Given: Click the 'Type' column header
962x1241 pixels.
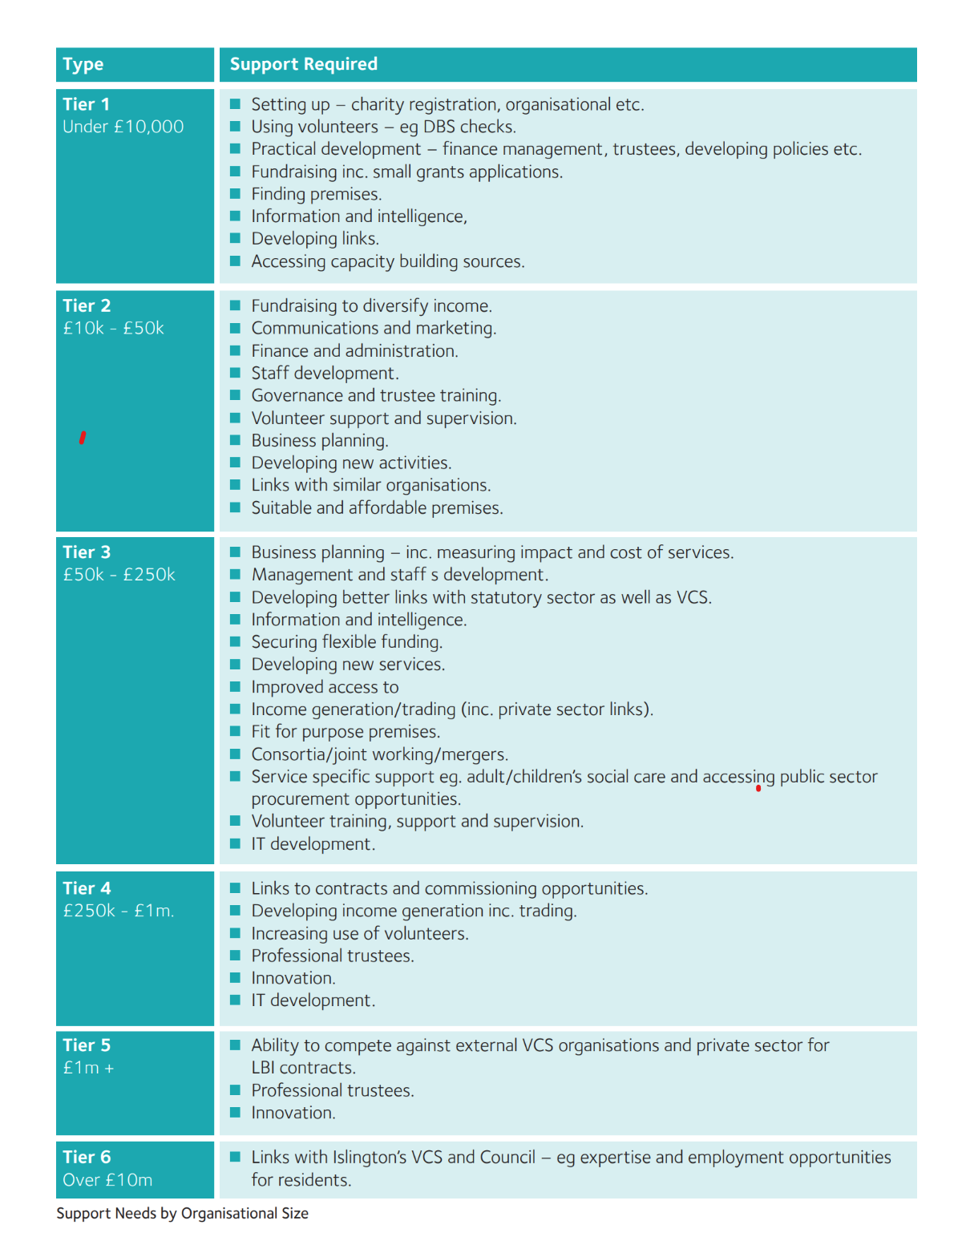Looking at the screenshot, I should point(83,64).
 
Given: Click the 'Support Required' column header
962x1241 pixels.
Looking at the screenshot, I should point(303,64).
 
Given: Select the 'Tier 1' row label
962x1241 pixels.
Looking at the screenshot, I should point(86,104).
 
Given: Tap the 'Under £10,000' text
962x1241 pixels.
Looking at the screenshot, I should point(123,127).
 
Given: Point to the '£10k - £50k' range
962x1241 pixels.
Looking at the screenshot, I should point(113,328).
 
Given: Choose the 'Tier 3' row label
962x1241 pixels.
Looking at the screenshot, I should point(87,552).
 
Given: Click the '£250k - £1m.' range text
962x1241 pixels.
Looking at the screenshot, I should point(118,911).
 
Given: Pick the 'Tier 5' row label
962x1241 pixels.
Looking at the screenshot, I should point(87,1045).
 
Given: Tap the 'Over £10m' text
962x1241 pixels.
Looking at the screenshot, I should point(107,1180).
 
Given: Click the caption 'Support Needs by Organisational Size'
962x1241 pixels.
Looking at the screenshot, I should point(182,1213).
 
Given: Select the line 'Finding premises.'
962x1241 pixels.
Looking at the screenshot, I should point(316,194).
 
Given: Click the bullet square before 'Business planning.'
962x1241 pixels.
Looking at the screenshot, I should point(236,440).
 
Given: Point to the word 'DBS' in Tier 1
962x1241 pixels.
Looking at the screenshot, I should point(439,127).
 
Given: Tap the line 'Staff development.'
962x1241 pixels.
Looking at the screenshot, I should point(325,373).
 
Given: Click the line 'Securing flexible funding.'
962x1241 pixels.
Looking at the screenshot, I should point(346,641).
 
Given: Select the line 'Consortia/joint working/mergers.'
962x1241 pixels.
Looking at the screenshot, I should point(379,754).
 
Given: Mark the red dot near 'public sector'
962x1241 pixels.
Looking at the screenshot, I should point(758,789).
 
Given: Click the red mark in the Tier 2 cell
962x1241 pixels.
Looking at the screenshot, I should point(83,438).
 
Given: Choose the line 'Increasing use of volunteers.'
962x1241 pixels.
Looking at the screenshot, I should point(359,933).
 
